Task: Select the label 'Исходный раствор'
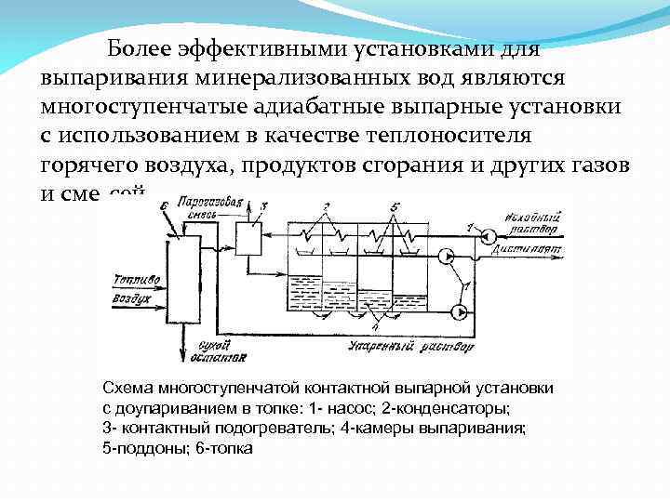pos(529,221)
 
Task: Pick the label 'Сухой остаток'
pos(207,352)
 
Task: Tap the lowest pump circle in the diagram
pos(455,311)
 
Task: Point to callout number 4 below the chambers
pos(373,328)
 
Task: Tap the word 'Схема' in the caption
pos(127,389)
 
